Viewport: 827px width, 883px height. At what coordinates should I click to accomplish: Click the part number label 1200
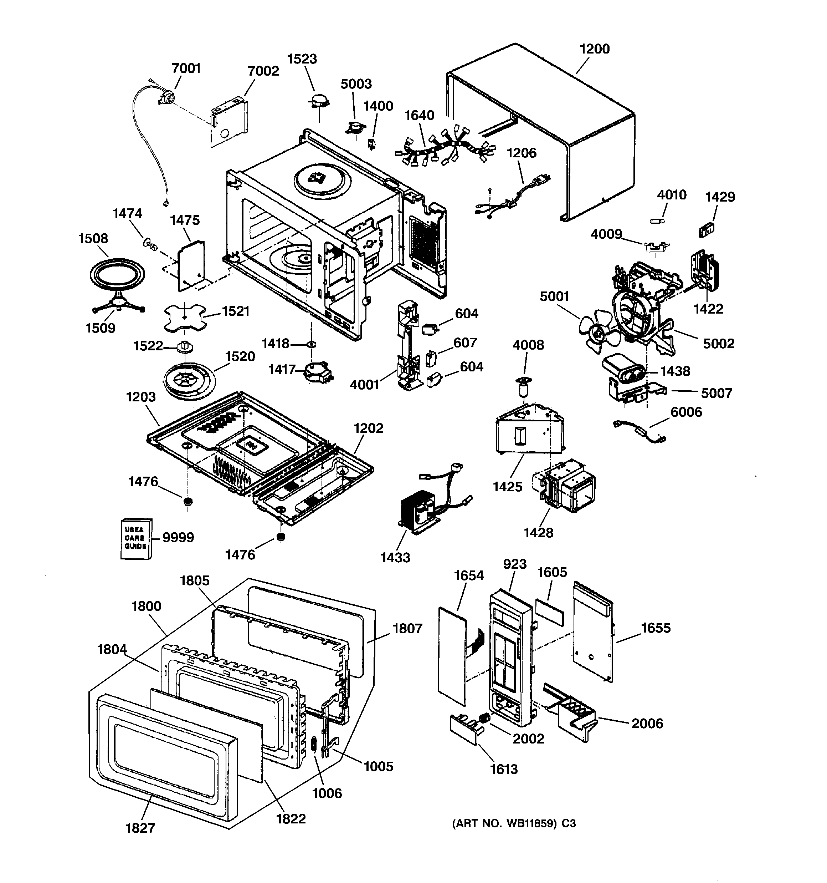point(594,49)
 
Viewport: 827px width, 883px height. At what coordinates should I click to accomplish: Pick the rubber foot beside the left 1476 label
point(189,502)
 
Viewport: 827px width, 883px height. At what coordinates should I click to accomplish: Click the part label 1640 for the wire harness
point(419,116)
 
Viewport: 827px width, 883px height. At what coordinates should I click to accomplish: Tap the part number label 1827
point(140,828)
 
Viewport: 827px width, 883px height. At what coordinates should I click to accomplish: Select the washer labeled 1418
point(311,344)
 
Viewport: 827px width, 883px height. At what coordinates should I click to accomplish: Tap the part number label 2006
point(647,723)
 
